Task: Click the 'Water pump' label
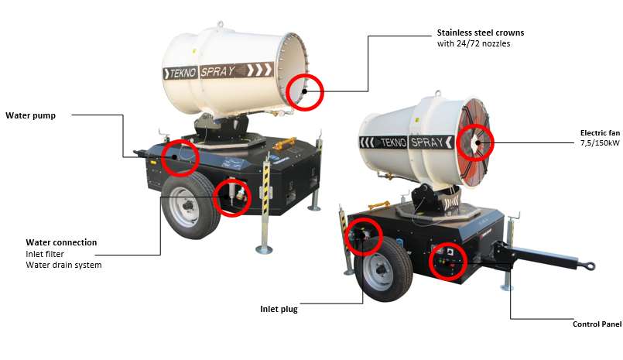point(31,115)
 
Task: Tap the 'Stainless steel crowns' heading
point(481,33)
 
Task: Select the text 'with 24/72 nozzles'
point(474,43)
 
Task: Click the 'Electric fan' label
point(600,132)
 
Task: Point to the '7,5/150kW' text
point(600,142)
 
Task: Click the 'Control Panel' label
point(597,324)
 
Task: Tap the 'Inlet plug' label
point(279,309)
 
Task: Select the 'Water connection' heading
point(61,242)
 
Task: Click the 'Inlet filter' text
point(45,254)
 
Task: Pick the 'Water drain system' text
point(63,265)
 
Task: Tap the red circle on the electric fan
point(475,125)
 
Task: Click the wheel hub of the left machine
point(187,206)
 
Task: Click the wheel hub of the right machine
point(381,271)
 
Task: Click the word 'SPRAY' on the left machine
point(217,71)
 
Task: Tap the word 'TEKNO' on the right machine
point(393,142)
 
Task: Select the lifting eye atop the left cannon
point(220,24)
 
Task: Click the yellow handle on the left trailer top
point(285,142)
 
